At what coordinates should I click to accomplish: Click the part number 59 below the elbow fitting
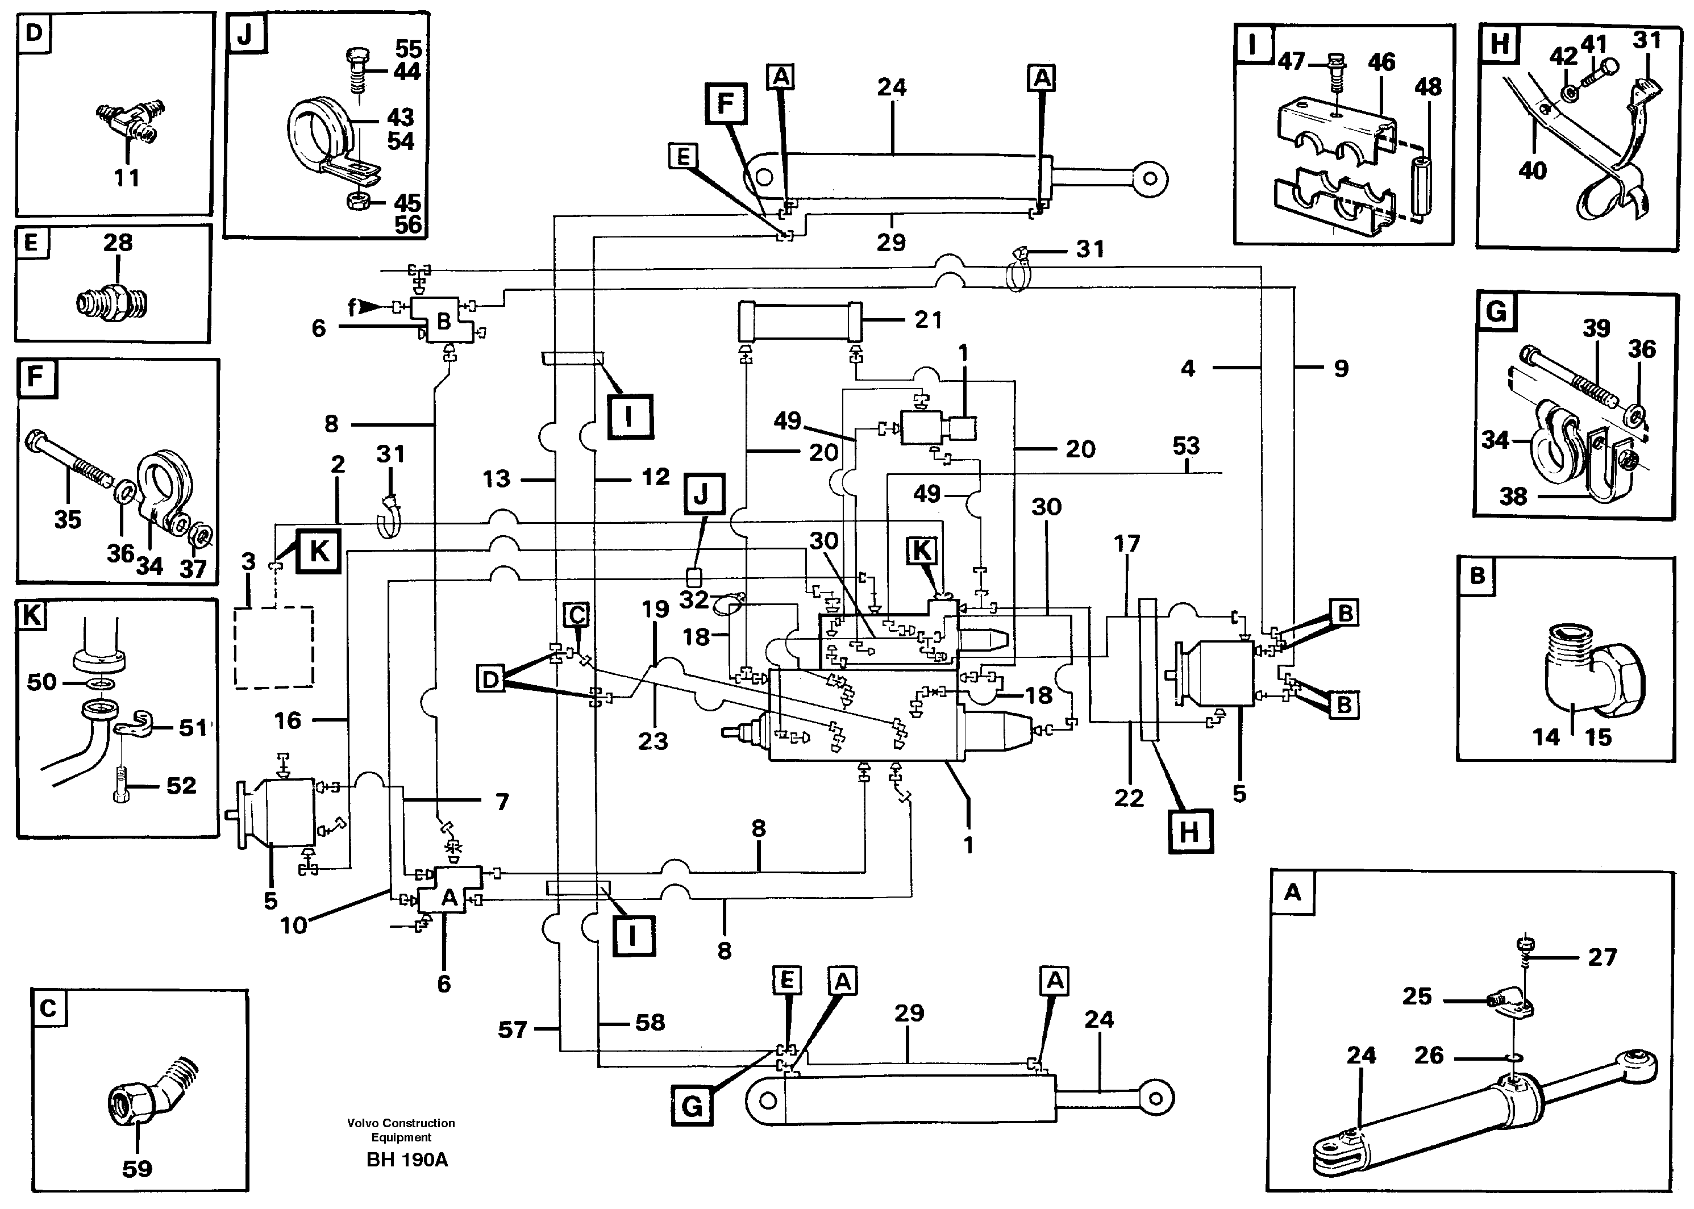coord(137,1168)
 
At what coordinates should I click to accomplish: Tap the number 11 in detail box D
coord(127,178)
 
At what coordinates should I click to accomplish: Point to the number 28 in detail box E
coord(118,242)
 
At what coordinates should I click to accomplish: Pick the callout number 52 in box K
coord(181,785)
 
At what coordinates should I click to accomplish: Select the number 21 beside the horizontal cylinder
coord(928,320)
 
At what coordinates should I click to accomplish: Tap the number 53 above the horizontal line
coord(1185,446)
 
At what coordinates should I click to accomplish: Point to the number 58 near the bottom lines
coord(650,1022)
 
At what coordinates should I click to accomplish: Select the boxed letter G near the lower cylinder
coord(692,1106)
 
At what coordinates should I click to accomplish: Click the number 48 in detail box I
coord(1427,87)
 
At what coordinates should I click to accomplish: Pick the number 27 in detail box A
coord(1602,957)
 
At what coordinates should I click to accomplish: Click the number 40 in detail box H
coord(1533,171)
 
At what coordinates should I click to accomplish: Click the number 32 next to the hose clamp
coord(694,599)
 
